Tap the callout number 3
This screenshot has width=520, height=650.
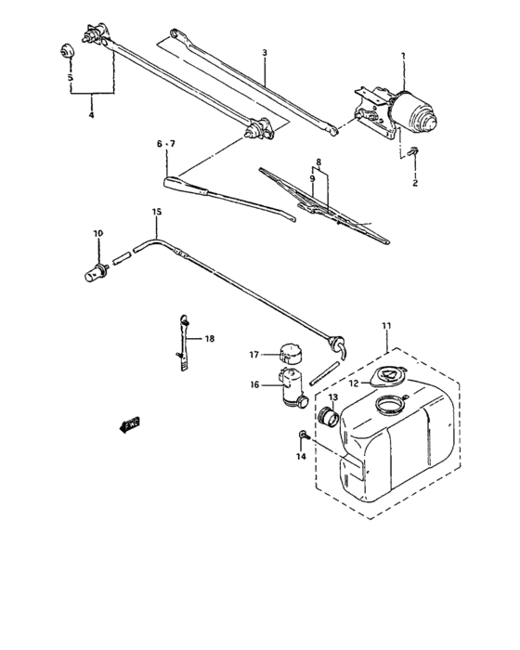pos(264,54)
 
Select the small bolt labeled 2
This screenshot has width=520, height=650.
pos(415,153)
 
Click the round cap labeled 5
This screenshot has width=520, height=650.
pos(66,50)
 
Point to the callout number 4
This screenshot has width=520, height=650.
pos(91,116)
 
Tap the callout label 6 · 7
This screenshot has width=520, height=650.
pos(165,144)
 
